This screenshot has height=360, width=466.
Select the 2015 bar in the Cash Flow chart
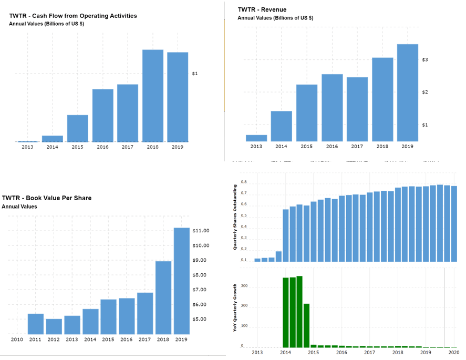(x=77, y=128)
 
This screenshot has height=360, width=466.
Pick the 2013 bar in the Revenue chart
(x=256, y=138)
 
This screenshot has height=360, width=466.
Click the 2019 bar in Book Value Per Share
(x=181, y=281)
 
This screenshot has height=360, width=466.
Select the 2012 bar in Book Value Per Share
(x=54, y=326)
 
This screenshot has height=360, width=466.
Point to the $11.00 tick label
(x=201, y=231)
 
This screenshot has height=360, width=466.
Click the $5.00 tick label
(x=201, y=319)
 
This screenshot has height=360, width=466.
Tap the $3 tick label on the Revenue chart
(x=425, y=60)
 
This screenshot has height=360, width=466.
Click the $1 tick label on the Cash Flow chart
(x=195, y=74)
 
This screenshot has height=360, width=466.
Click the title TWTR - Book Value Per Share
(x=47, y=198)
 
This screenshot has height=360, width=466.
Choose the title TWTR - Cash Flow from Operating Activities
(x=73, y=16)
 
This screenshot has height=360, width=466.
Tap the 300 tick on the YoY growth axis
(x=244, y=286)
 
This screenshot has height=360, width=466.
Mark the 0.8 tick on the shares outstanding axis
(x=244, y=182)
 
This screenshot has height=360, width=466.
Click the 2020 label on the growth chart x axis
(x=454, y=352)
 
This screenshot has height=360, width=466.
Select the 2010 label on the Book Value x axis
(x=17, y=340)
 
